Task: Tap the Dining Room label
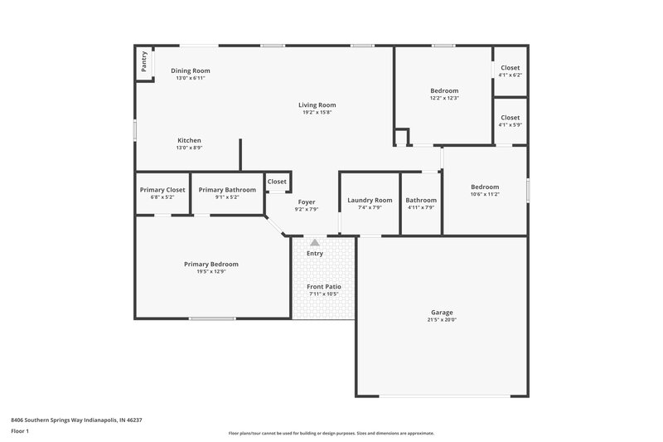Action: pyautogui.click(x=191, y=70)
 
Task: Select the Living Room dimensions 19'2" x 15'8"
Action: pyautogui.click(x=317, y=113)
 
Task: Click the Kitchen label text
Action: pyautogui.click(x=189, y=140)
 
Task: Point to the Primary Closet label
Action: pyautogui.click(x=162, y=189)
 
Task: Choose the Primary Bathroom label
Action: pyautogui.click(x=227, y=189)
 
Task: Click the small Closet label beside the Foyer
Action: pyautogui.click(x=277, y=182)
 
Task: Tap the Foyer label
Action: pyautogui.click(x=307, y=202)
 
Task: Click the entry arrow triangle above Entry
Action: pyautogui.click(x=315, y=243)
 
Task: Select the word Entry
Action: pyautogui.click(x=315, y=253)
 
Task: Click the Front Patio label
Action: pyautogui.click(x=324, y=286)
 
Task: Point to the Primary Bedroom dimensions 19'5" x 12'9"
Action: pyautogui.click(x=211, y=271)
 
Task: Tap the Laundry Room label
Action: pyautogui.click(x=370, y=200)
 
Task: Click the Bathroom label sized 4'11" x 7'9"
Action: pyautogui.click(x=421, y=200)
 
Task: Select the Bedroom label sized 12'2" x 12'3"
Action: pyautogui.click(x=444, y=90)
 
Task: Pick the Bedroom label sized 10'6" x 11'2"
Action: pyautogui.click(x=485, y=187)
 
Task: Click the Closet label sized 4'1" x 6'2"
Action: pyautogui.click(x=511, y=68)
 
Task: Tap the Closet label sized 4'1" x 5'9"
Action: pyautogui.click(x=511, y=118)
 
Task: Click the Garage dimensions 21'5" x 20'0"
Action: pyautogui.click(x=442, y=320)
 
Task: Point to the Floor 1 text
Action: pyautogui.click(x=20, y=431)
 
